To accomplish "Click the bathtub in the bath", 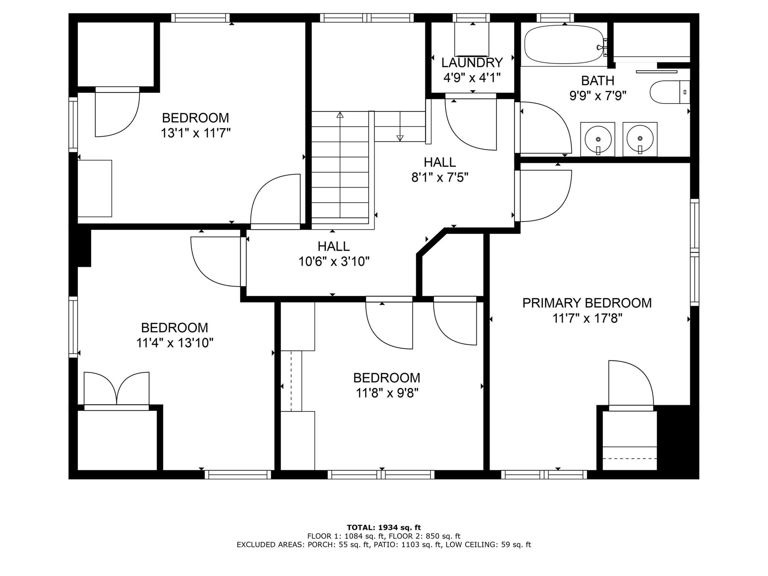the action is (565, 45).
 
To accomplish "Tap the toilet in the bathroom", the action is (670, 92).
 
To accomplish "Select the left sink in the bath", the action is (598, 139).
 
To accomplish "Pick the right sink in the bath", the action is (640, 139).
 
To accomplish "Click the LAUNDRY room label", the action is (472, 62).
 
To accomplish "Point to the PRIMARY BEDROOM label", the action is (587, 303).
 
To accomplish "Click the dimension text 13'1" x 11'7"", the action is (195, 133).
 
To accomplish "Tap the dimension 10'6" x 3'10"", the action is (334, 261).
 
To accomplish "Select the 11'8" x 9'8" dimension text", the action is (387, 393).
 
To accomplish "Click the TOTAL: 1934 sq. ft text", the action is (384, 528).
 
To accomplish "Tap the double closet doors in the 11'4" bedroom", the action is (117, 390).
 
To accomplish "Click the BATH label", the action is (597, 81).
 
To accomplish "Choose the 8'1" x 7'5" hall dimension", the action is (440, 177).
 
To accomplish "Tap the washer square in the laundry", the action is (472, 39).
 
